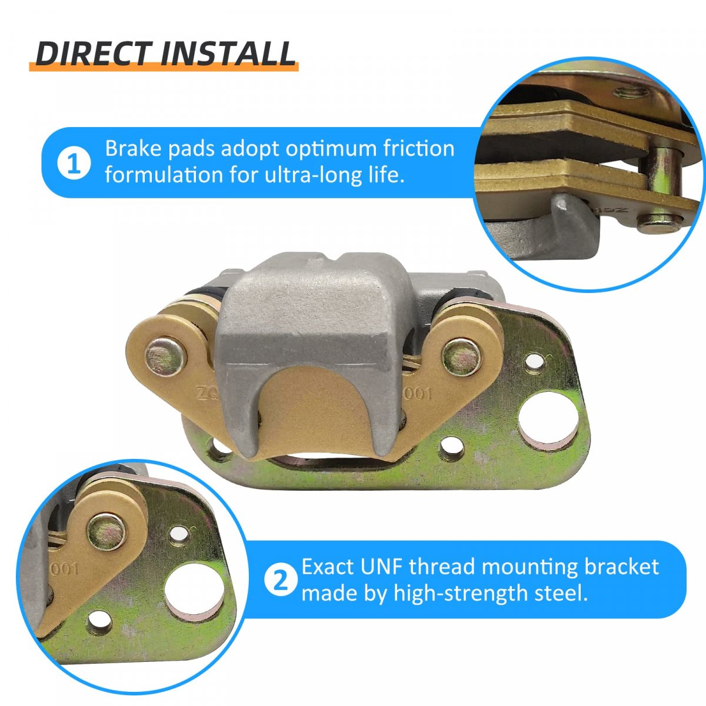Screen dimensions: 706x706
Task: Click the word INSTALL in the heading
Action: click(227, 54)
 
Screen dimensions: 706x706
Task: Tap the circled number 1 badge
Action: click(74, 163)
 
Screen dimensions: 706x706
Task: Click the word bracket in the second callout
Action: click(621, 567)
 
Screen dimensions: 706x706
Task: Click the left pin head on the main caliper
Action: click(166, 357)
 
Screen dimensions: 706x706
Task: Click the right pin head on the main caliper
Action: click(462, 358)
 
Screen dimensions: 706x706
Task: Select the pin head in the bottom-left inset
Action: click(107, 532)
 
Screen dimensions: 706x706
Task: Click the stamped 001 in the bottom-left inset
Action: click(64, 569)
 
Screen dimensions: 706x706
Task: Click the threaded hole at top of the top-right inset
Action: click(631, 92)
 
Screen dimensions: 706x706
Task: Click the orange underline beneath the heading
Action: click(164, 67)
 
